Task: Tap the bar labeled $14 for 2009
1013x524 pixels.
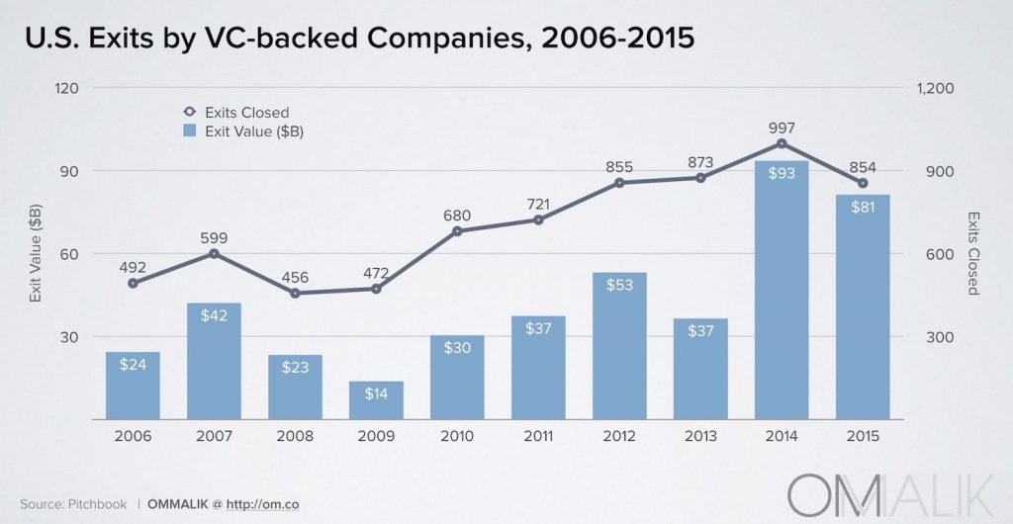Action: pyautogui.click(x=376, y=399)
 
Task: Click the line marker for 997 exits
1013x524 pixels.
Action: pyautogui.click(x=782, y=143)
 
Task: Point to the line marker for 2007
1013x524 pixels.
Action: pyautogui.click(x=214, y=254)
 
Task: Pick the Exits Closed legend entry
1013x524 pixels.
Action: pyautogui.click(x=236, y=113)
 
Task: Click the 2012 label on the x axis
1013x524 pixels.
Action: pyautogui.click(x=619, y=436)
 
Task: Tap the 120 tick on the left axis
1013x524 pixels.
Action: pyautogui.click(x=66, y=88)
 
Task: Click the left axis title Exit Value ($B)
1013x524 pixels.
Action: pyautogui.click(x=36, y=253)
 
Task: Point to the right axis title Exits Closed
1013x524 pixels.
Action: pyautogui.click(x=973, y=253)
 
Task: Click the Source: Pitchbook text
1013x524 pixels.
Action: pyautogui.click(x=74, y=504)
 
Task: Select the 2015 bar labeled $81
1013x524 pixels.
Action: pyautogui.click(x=863, y=306)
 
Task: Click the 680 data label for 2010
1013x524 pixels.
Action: pyautogui.click(x=457, y=214)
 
